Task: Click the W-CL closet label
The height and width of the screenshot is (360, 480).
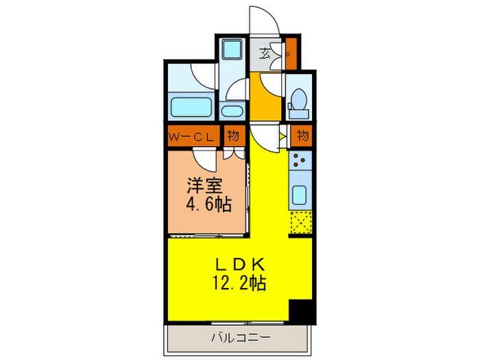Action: (193, 136)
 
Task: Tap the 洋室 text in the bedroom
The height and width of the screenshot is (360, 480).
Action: (203, 185)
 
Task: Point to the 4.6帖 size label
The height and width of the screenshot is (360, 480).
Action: (208, 204)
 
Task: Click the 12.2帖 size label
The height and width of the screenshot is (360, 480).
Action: (239, 282)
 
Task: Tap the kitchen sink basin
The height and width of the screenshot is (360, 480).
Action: (300, 195)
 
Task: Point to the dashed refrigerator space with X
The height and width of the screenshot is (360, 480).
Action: (300, 224)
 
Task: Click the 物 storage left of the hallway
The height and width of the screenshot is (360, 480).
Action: (233, 136)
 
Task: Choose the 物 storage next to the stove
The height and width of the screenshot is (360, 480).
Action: (302, 136)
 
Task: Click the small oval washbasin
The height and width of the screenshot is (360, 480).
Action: (233, 112)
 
